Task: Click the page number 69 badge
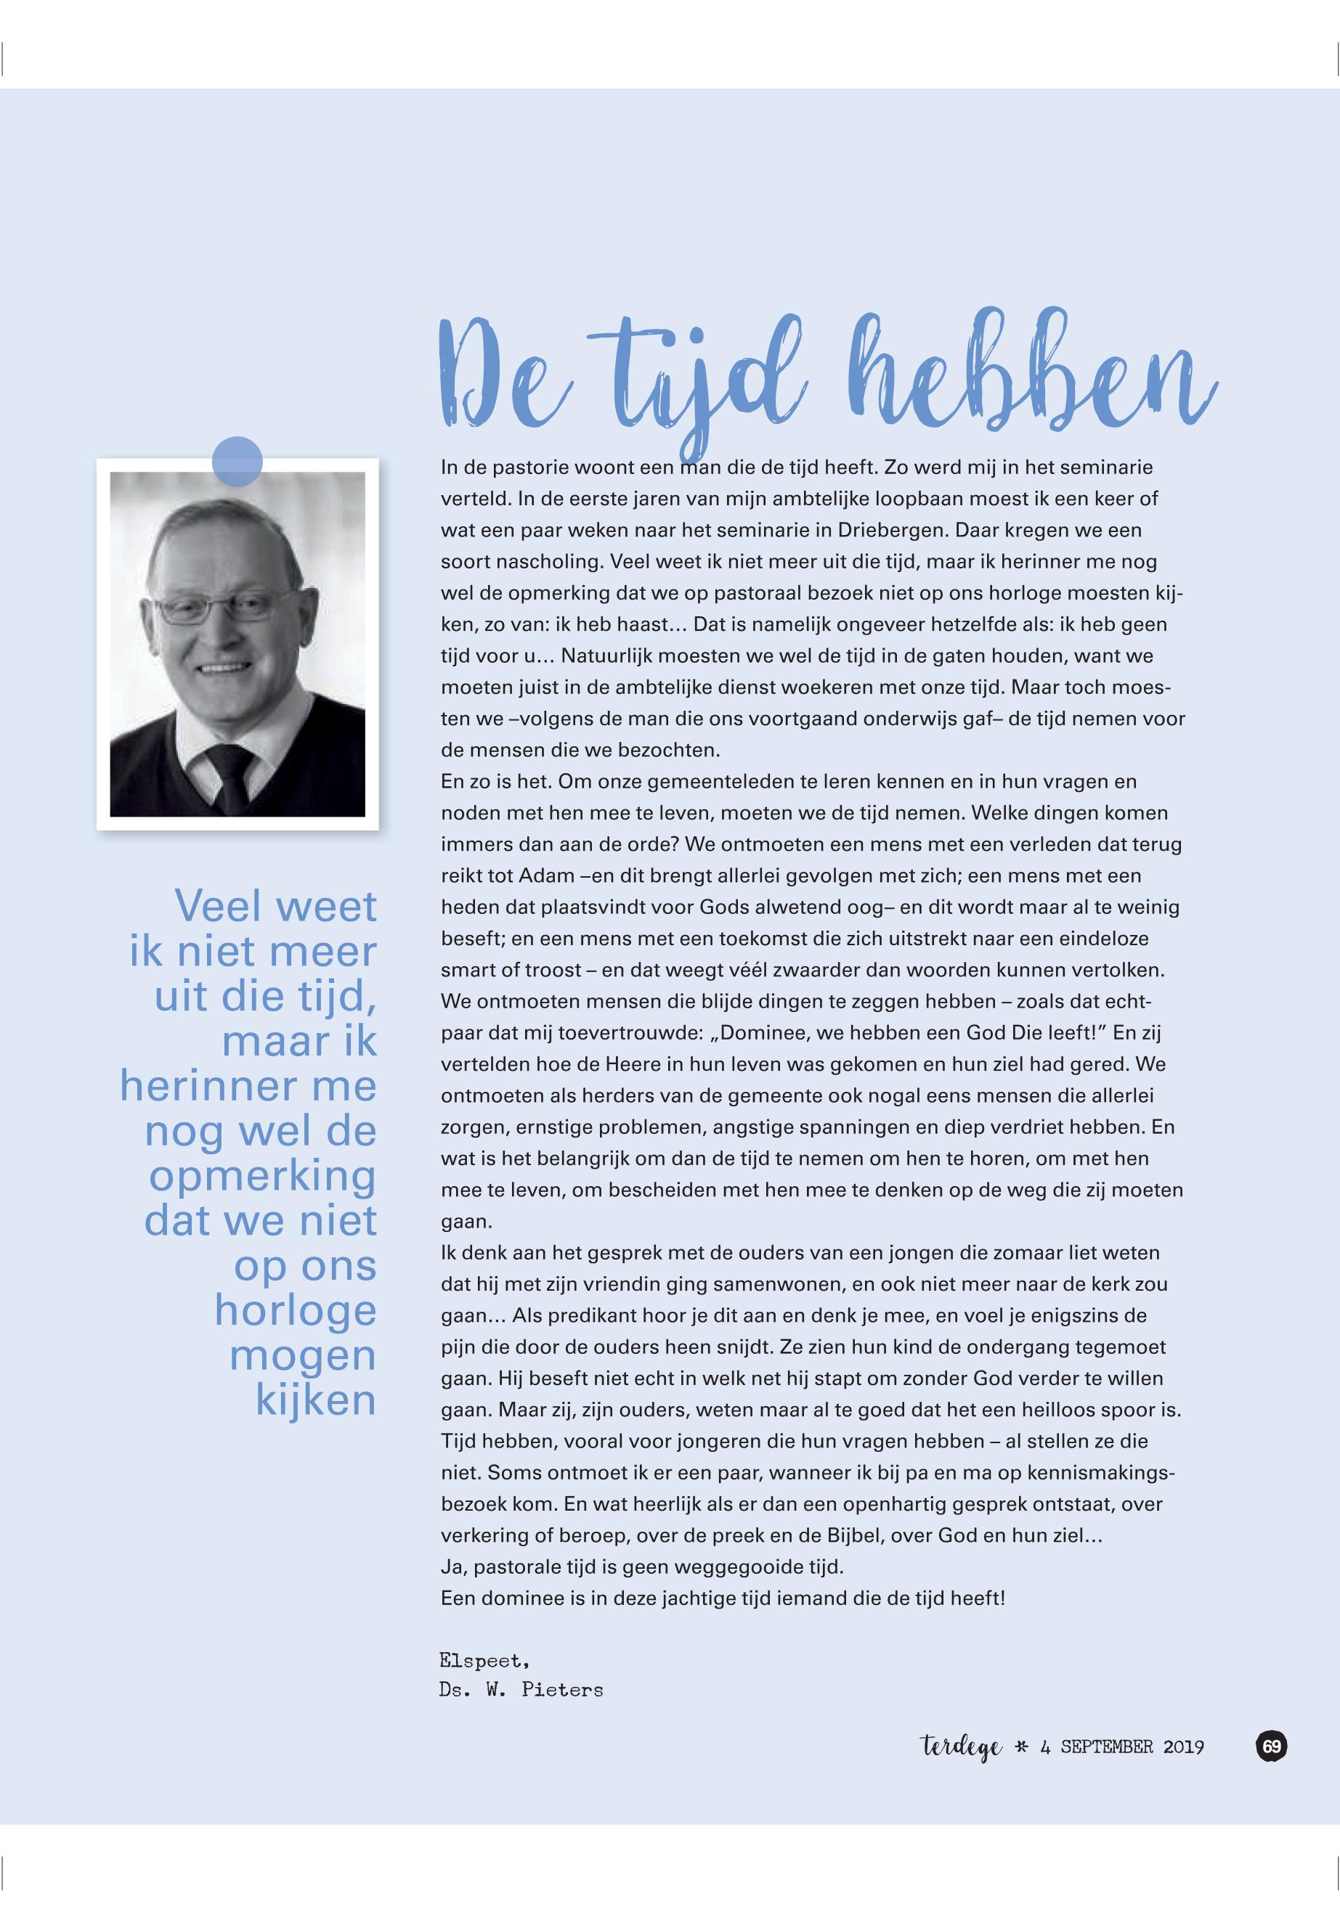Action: click(1271, 1747)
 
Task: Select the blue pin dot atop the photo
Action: click(237, 462)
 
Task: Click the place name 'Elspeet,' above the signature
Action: click(484, 1660)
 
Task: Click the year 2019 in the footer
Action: click(1183, 1747)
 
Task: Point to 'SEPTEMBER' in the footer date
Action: click(1107, 1747)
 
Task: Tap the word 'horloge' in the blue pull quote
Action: click(295, 1311)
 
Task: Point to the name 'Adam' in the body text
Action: click(547, 876)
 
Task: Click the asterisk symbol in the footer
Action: click(1022, 1747)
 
